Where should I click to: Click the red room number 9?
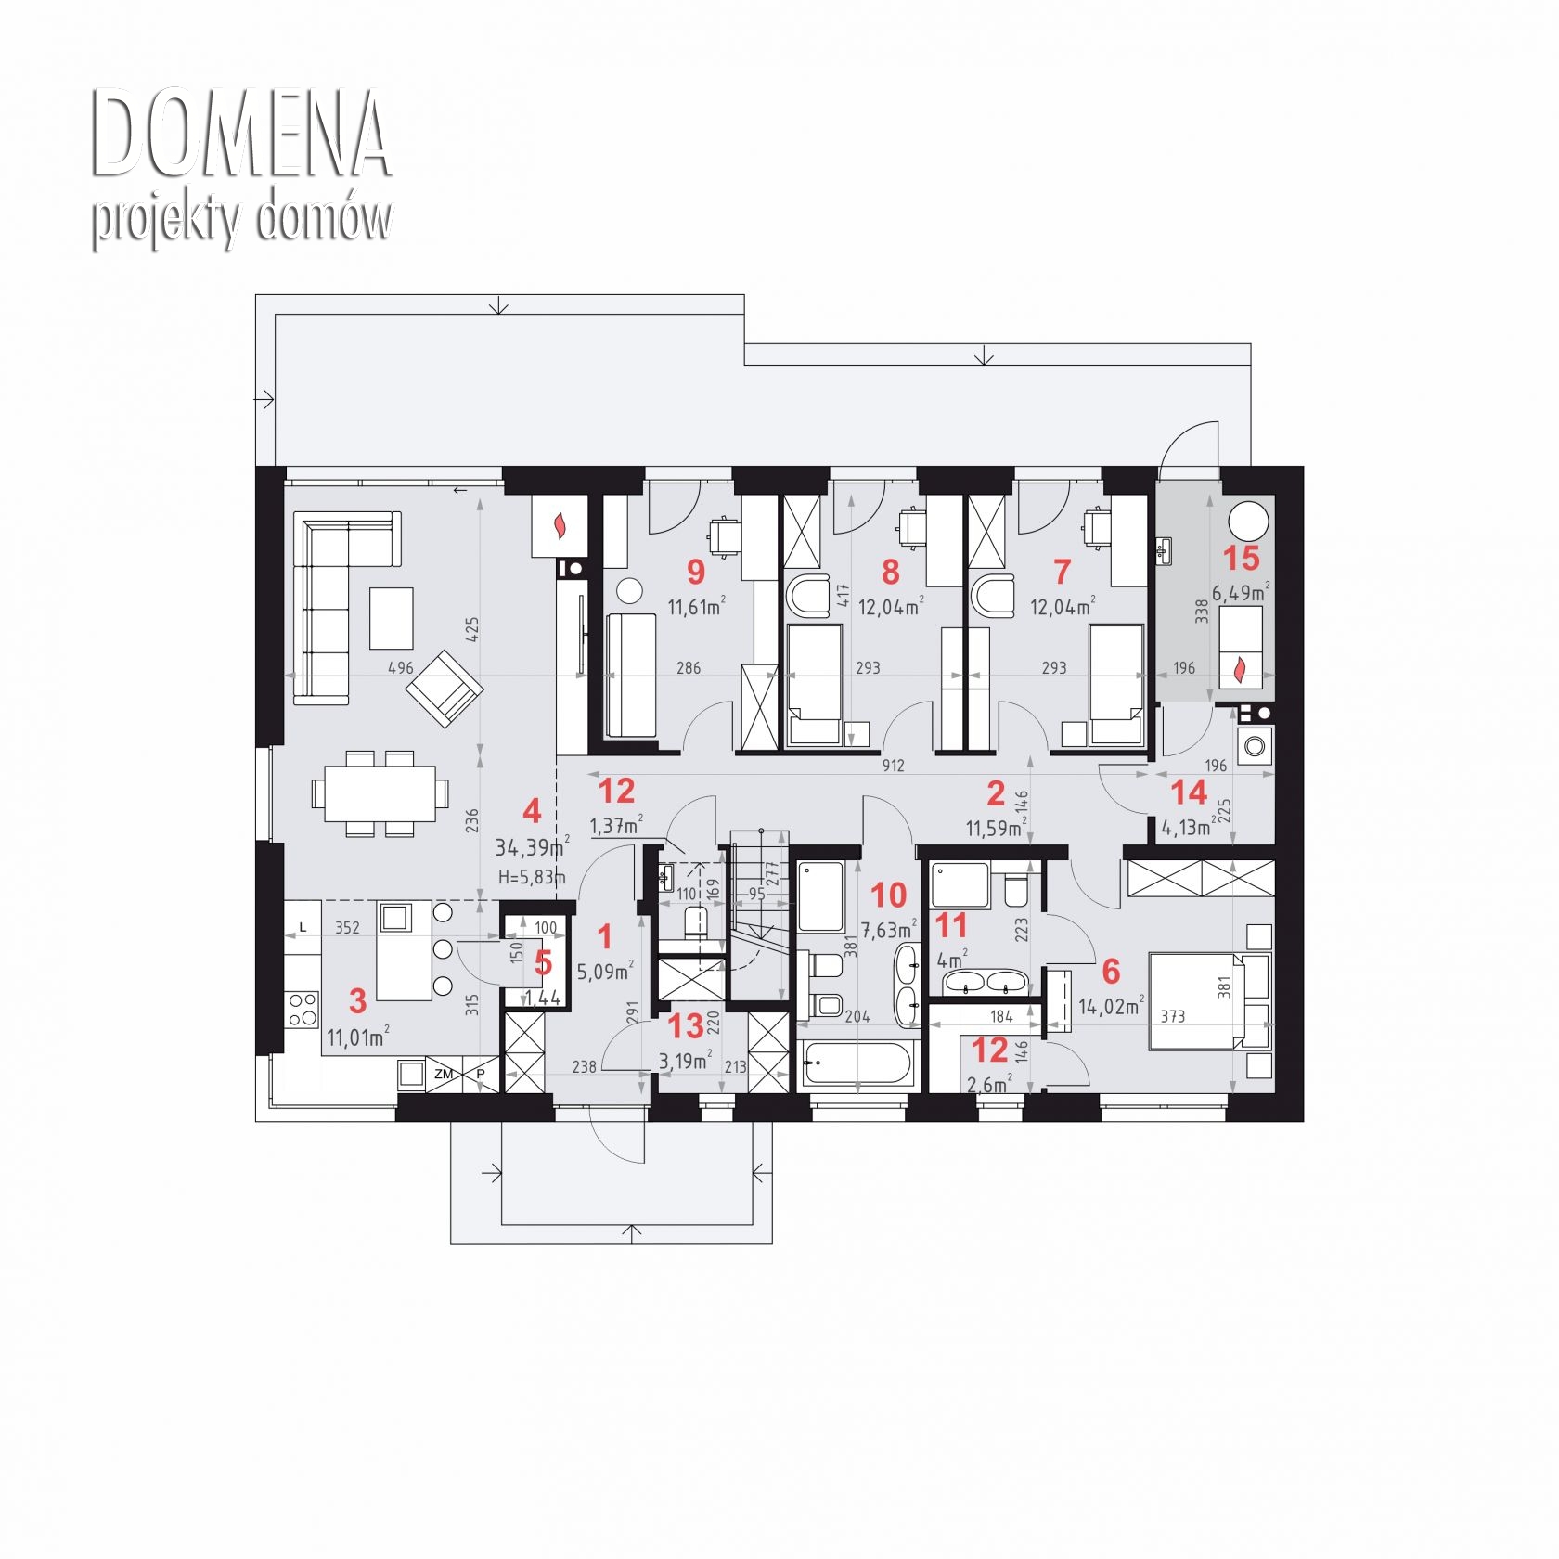tap(695, 572)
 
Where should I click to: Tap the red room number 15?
tap(1242, 559)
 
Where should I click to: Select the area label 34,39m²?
tap(532, 847)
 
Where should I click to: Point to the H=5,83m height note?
tap(532, 876)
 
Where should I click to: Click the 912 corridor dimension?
tap(893, 767)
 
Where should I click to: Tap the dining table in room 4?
tap(380, 793)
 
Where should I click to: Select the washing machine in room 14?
tap(1256, 743)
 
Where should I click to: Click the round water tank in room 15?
tap(1248, 520)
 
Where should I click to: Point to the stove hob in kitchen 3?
tap(303, 1009)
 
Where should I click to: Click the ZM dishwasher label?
tap(444, 1074)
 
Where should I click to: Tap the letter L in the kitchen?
tap(303, 927)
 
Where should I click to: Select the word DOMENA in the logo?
tap(241, 135)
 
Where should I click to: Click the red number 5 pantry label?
tap(544, 963)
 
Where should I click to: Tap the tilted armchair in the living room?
tap(445, 689)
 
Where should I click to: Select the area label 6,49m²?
tap(1240, 592)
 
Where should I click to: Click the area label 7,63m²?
tap(888, 929)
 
